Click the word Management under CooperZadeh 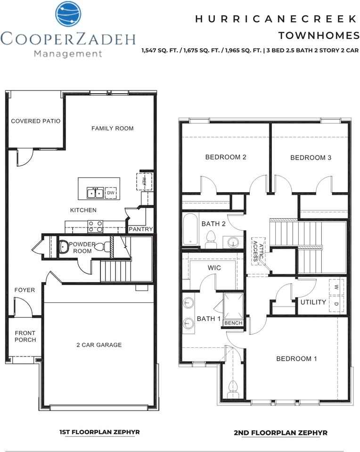[x=68, y=54]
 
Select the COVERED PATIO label [x=36, y=121]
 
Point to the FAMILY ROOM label [x=112, y=128]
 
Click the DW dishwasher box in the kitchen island [x=111, y=193]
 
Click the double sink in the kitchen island [x=95, y=193]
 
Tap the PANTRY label [x=141, y=229]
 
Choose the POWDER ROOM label [x=82, y=248]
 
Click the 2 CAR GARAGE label [x=99, y=345]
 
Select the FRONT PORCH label [x=25, y=336]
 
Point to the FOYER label [x=25, y=290]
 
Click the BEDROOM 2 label [x=226, y=157]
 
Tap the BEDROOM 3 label [x=311, y=157]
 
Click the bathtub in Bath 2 [x=191, y=230]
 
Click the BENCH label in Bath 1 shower [x=233, y=323]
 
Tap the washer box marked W [x=336, y=287]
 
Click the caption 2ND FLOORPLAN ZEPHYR [x=280, y=433]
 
